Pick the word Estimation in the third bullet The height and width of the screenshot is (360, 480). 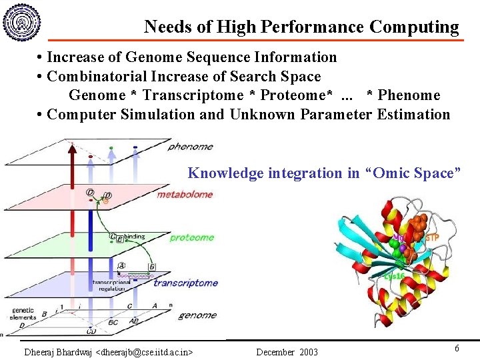(x=413, y=114)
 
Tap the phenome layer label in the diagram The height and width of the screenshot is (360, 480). (x=190, y=147)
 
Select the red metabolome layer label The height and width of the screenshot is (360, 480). (x=185, y=195)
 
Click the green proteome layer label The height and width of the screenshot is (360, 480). (x=191, y=237)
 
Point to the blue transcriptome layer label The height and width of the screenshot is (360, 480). (x=185, y=283)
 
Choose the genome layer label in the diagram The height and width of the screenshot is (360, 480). (x=197, y=315)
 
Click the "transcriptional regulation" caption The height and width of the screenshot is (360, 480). (x=111, y=285)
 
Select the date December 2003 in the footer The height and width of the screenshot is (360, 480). (x=287, y=351)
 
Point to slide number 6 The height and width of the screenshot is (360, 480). (x=457, y=348)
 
